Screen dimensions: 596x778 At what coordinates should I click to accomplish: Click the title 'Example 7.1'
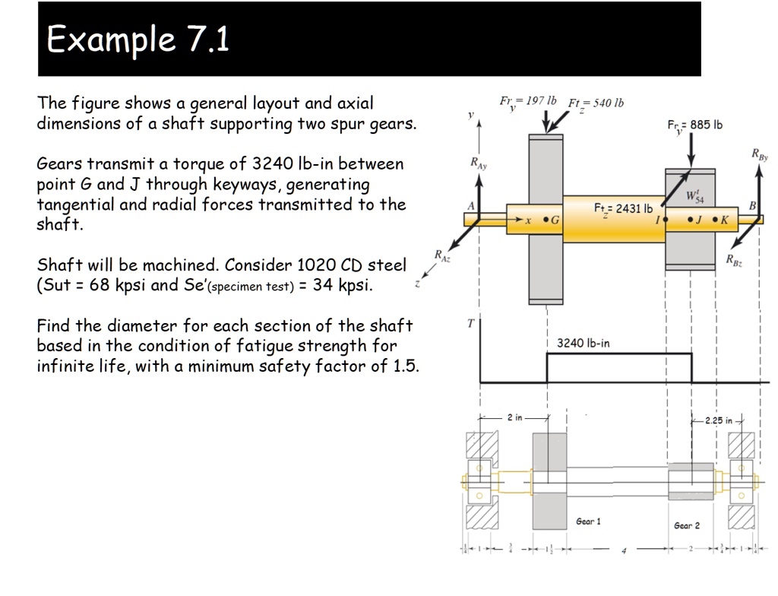point(138,40)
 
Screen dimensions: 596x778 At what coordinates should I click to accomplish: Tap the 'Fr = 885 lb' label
point(694,125)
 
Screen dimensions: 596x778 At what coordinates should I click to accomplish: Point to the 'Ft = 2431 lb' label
point(623,208)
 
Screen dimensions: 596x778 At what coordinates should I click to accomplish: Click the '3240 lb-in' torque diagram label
point(583,343)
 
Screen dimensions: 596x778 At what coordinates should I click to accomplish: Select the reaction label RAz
point(442,255)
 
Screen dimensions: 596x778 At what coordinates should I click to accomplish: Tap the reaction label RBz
point(734,260)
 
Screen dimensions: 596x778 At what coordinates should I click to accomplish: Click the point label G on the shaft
point(555,220)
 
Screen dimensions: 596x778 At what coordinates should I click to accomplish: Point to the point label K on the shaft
point(724,220)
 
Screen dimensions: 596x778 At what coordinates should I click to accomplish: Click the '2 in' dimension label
point(515,418)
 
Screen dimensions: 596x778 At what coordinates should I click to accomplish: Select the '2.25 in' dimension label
point(718,420)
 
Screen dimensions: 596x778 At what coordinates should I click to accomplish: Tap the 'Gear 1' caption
point(588,521)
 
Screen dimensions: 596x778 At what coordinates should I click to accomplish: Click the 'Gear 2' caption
point(687,525)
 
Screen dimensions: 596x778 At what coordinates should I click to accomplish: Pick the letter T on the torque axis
point(470,324)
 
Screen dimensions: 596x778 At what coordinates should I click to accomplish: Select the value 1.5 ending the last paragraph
point(407,366)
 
